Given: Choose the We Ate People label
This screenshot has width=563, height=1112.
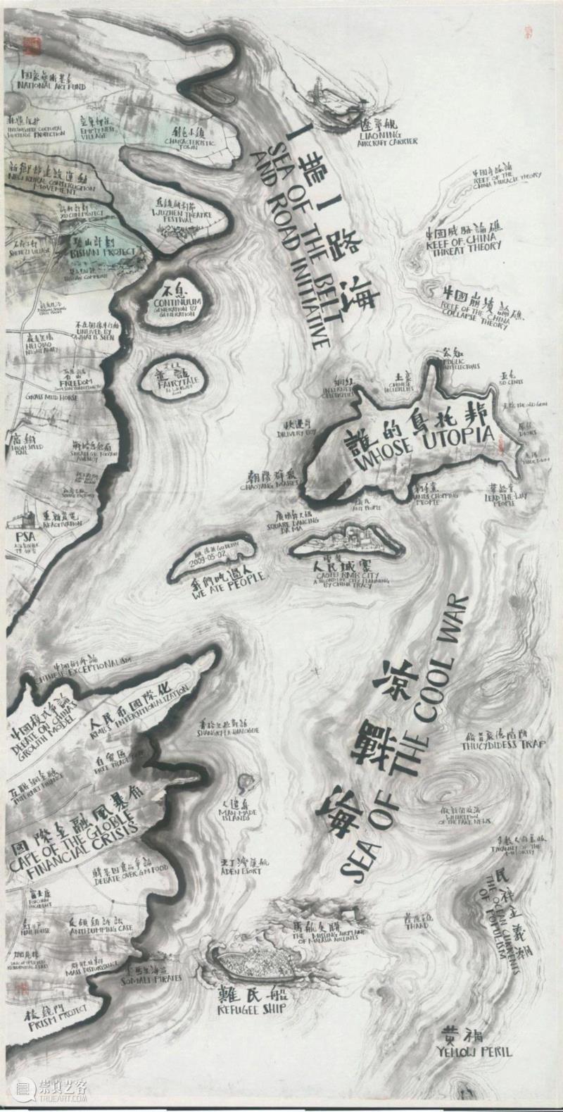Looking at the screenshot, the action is tap(217, 579).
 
